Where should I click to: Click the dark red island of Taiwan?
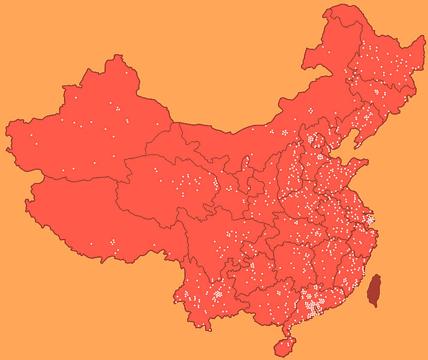(373, 290)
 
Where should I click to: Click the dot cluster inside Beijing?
(311, 139)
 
